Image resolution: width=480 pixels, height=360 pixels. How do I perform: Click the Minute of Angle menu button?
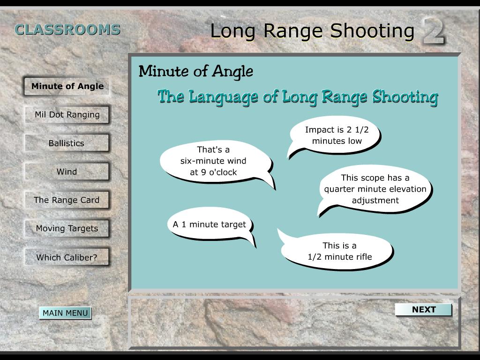[x=67, y=86]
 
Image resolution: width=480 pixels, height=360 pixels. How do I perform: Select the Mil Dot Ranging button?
[x=67, y=115]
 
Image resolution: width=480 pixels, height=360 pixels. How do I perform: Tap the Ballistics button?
[x=67, y=143]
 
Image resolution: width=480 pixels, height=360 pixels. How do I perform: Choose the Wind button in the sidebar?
[x=67, y=172]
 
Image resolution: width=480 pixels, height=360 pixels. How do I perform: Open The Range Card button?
[x=67, y=200]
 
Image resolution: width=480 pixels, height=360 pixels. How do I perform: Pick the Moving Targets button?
[x=67, y=228]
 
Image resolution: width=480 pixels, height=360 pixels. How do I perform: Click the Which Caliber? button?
[x=67, y=257]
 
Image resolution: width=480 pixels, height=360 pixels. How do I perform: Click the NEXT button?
[x=423, y=309]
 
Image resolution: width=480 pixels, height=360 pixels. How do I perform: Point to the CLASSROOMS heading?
[x=67, y=30]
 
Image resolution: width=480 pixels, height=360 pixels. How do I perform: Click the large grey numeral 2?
[x=434, y=30]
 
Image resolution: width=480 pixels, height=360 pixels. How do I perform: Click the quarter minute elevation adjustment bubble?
[x=375, y=189]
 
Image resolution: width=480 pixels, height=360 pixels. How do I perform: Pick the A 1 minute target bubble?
[x=210, y=225]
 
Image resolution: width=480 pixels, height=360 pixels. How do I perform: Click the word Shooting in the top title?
[x=372, y=31]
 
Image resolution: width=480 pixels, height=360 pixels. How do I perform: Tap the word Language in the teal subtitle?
[x=223, y=97]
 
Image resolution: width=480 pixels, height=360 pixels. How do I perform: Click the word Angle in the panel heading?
[x=232, y=72]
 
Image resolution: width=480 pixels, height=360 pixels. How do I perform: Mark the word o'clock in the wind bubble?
[x=223, y=172]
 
